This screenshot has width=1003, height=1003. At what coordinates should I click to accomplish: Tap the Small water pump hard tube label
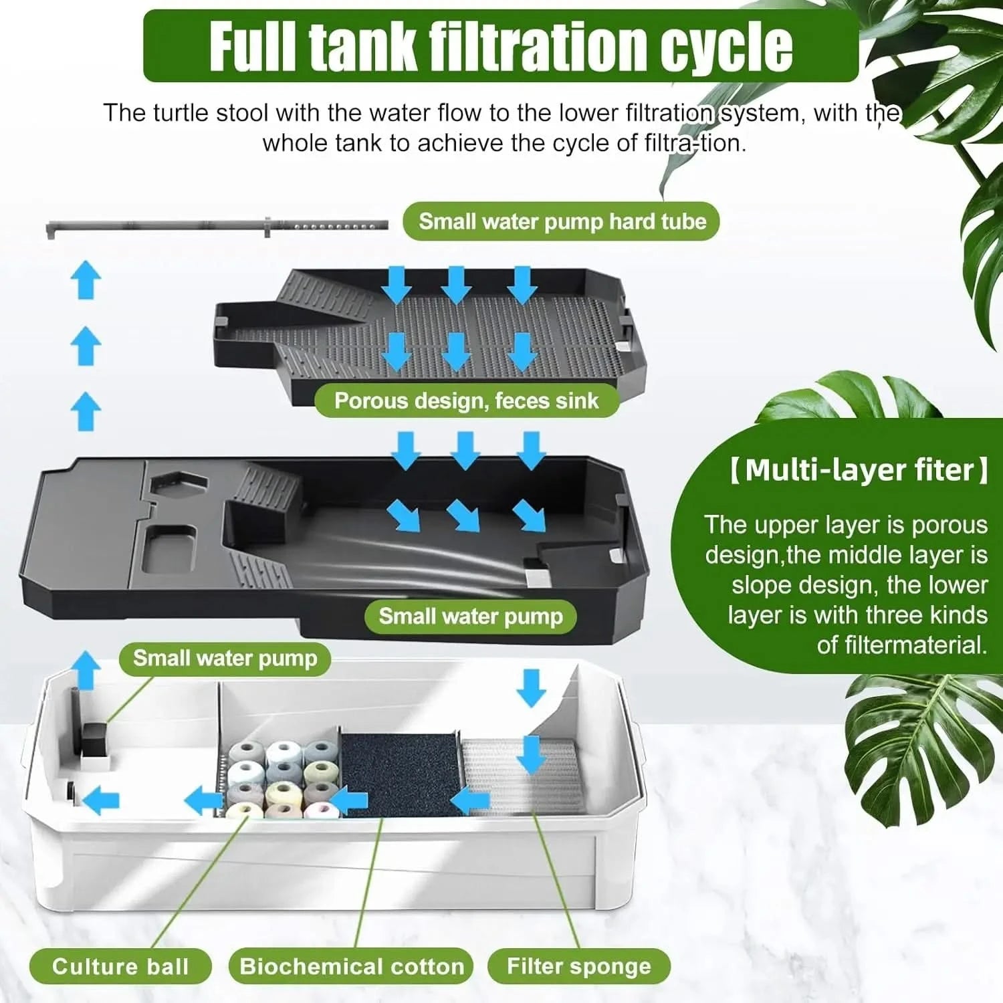[562, 222]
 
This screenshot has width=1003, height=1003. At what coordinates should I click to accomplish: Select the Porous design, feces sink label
[466, 401]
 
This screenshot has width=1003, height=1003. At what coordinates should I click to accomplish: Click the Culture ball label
[120, 966]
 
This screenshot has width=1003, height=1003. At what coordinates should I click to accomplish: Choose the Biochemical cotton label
[352, 966]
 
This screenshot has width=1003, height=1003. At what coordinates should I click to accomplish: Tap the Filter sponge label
[578, 966]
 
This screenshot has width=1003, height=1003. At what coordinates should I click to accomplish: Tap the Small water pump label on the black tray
[471, 616]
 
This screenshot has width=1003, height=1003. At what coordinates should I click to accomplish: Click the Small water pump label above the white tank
[225, 658]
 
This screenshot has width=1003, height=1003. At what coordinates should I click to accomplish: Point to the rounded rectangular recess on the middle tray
[171, 548]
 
